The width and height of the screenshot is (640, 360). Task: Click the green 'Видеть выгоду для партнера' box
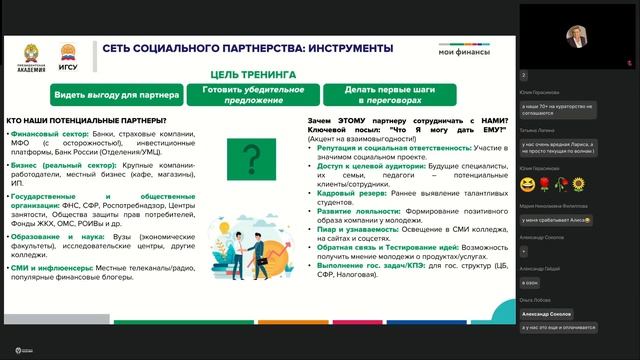pyautogui.click(x=117, y=94)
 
